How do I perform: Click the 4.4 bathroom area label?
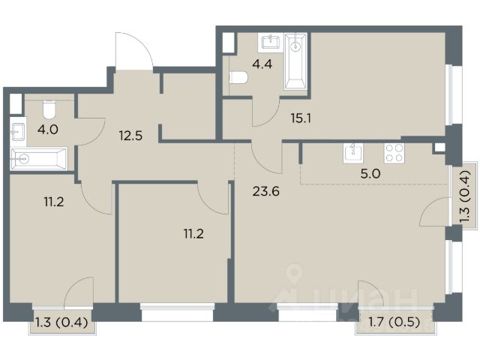262,64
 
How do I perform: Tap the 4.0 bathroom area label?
48,130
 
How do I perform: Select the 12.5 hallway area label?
130,135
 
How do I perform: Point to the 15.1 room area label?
301,118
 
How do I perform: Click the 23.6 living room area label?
266,192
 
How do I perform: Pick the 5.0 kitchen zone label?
370,174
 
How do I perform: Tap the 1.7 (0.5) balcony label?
394,322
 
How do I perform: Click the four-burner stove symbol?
394,153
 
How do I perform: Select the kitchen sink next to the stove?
353,152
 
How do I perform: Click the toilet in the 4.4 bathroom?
238,77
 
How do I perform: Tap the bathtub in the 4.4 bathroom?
295,61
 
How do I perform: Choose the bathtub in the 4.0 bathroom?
38,159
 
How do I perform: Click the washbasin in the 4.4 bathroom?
271,43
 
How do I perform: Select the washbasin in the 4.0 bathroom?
18,132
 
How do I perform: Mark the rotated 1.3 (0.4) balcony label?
465,196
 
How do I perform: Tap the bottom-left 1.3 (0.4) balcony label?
62,322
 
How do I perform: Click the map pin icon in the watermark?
294,271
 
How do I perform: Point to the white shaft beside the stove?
439,148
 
